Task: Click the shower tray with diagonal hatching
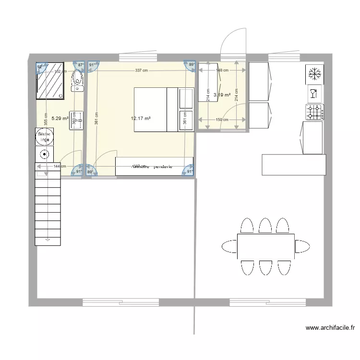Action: coord(50,81)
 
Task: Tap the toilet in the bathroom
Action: coord(77,81)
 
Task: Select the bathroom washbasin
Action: coord(76,118)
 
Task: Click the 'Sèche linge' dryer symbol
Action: coord(45,137)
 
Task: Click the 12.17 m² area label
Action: coord(141,118)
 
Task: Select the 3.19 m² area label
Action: coord(222,95)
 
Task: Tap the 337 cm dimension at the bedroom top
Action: coord(141,71)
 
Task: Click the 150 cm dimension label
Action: coord(222,120)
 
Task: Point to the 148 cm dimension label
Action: coord(222,71)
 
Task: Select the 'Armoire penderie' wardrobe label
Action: coord(154,167)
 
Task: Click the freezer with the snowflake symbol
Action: coord(314,74)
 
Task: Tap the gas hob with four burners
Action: coord(314,112)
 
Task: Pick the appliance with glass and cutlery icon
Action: coord(314,93)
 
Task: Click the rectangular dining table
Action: coord(265,246)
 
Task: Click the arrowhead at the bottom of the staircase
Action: coord(48,239)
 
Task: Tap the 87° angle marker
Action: coord(80,65)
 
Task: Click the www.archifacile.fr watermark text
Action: coord(330,328)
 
